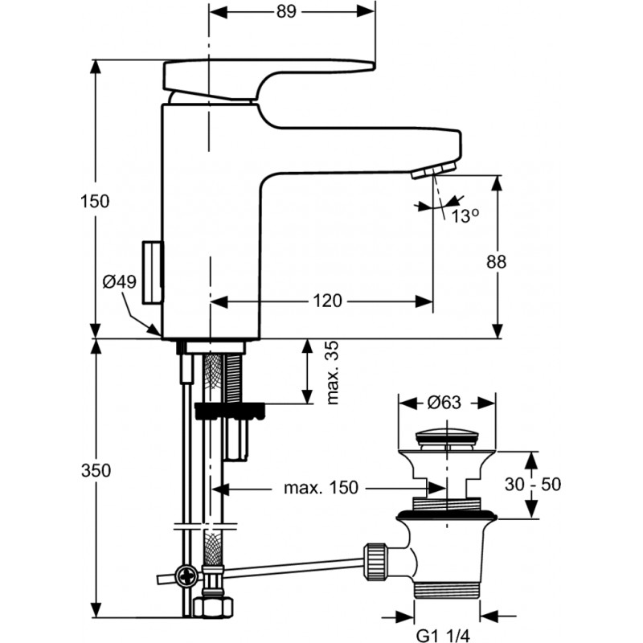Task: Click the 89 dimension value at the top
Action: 286,11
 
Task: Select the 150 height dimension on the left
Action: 95,202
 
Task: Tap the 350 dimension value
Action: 96,470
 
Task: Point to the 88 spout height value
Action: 496,262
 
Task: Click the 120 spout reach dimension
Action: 327,301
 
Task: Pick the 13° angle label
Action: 465,216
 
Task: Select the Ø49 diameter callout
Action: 119,282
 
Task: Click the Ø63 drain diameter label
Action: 444,403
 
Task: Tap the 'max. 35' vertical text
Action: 333,372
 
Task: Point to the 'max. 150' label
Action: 321,488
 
